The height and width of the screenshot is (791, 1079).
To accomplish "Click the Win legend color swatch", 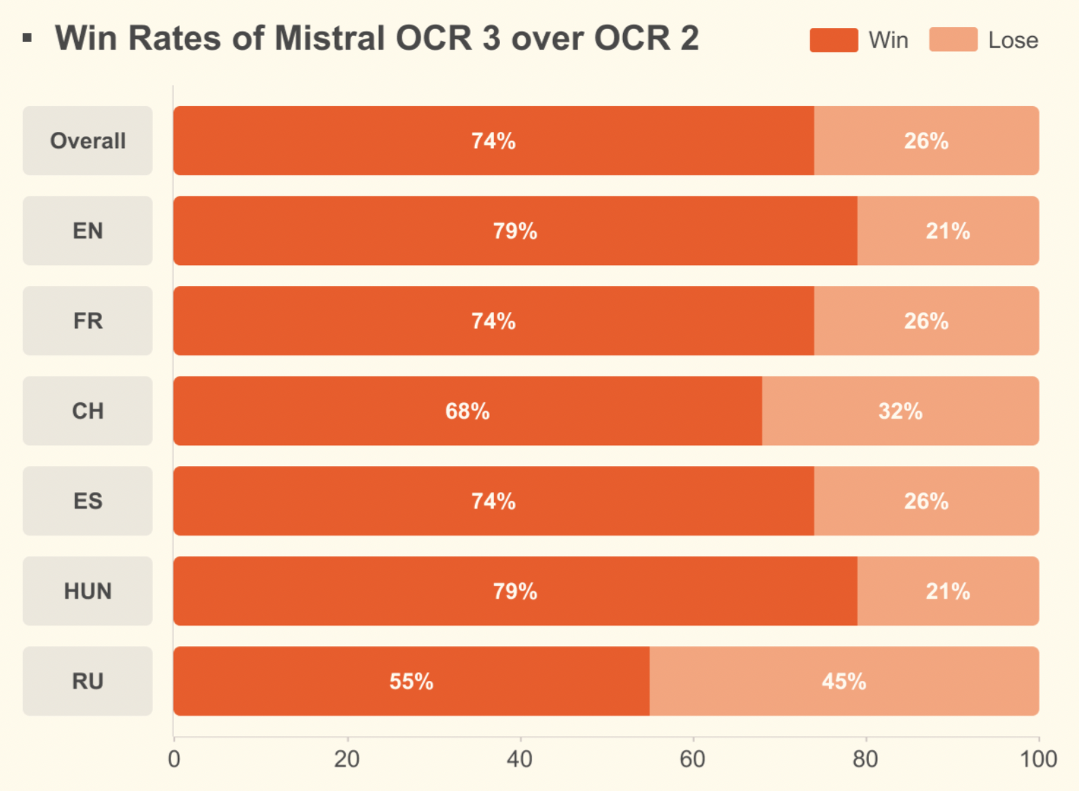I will click(x=833, y=40).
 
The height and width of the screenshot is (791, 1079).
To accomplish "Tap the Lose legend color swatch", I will click(x=953, y=40).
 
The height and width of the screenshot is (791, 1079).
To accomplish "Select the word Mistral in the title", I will click(x=330, y=38).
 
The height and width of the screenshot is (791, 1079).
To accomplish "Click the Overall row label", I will click(x=88, y=141).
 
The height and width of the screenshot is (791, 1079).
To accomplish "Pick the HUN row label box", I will click(x=88, y=591).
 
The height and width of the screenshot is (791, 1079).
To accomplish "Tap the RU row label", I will click(x=88, y=681).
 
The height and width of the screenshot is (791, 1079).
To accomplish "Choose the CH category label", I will click(x=88, y=411).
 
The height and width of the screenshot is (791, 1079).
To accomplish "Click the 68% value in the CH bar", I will click(x=467, y=411).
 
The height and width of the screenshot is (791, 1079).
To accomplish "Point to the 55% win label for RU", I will click(x=411, y=681).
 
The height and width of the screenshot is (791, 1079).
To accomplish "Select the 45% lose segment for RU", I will click(x=844, y=681).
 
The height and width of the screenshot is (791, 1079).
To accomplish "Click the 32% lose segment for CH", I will click(x=900, y=411).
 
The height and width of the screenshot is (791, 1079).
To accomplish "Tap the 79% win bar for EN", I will click(x=515, y=231).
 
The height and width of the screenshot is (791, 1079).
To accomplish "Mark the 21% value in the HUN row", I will click(x=948, y=591).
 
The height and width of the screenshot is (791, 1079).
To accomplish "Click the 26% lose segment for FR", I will click(x=926, y=321).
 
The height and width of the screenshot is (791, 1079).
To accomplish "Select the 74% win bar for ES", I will click(x=493, y=501).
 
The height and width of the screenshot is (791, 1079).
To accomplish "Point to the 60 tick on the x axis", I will click(x=692, y=759).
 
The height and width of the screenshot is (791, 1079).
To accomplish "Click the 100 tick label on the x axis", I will click(x=1038, y=759).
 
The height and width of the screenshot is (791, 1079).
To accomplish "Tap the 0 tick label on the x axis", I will click(x=174, y=759).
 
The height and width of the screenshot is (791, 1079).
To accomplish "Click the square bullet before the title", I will click(x=27, y=38).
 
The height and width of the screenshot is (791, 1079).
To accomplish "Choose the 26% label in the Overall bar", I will click(x=926, y=141).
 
